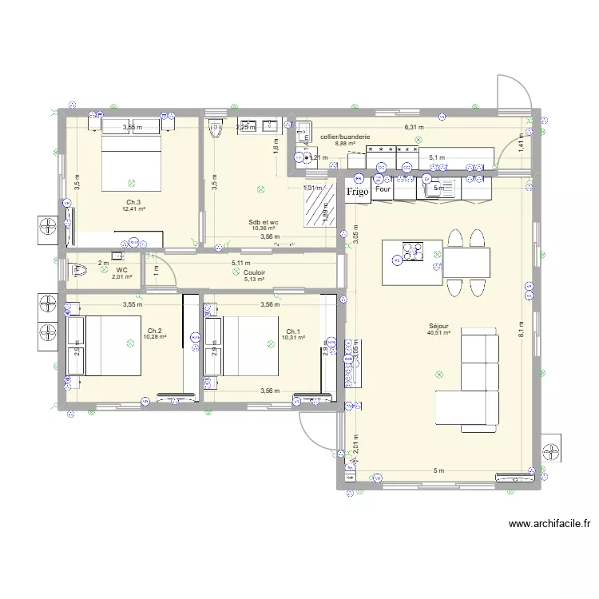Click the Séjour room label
pos(438,326)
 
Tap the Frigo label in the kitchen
pos(357,192)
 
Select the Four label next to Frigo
pos(383,191)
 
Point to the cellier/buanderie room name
pos(345,137)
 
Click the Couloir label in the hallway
pos(255,272)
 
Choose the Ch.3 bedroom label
pos(133,202)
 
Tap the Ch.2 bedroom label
pos(155,330)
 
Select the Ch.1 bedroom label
pos(293,331)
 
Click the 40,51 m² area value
pos(438,333)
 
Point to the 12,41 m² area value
pos(133,209)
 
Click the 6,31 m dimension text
pos(414,127)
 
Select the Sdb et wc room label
pos(262,222)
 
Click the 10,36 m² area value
pos(262,229)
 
